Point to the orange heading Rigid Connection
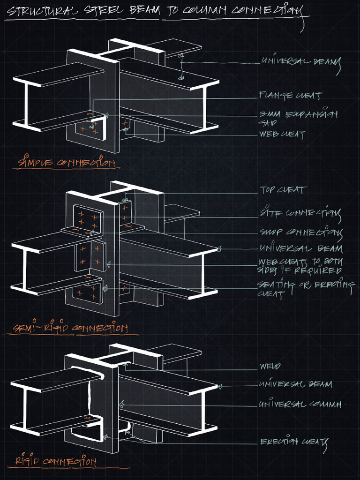click(x=56, y=461)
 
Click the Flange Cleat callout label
click(x=291, y=96)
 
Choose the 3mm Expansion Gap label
click(x=298, y=118)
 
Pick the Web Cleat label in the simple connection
click(x=282, y=135)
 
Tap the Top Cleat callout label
click(x=283, y=190)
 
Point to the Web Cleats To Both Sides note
click(x=300, y=266)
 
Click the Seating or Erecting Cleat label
click(x=305, y=289)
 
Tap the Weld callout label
click(x=270, y=366)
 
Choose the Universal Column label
click(x=300, y=404)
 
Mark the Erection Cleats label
click(x=293, y=442)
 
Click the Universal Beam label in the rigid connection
click(x=295, y=384)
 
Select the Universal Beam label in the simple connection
click(x=300, y=62)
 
